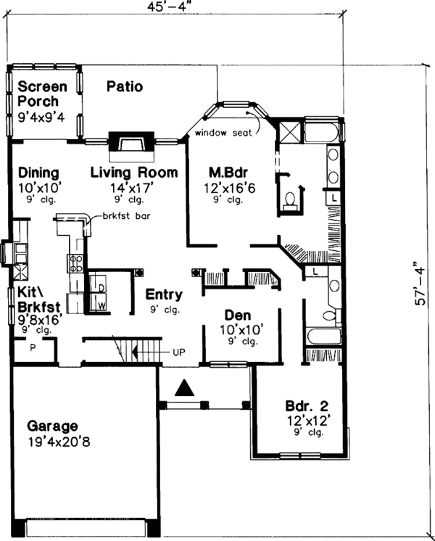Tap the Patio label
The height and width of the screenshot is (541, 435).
point(125,87)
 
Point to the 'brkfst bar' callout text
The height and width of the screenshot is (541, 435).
point(123,216)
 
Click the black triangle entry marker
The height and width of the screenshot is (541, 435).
point(186,389)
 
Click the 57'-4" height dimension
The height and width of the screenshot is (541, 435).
point(419,294)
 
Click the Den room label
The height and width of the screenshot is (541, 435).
point(236,315)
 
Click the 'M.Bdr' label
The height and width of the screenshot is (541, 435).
point(226,173)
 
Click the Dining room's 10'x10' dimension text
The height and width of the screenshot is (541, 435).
point(38,186)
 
